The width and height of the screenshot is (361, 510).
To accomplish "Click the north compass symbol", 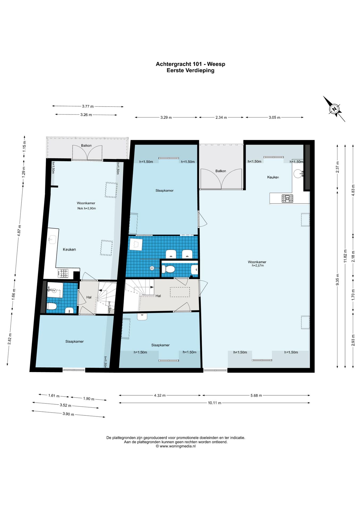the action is click(334, 109).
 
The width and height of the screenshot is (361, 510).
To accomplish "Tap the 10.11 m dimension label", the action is click(215, 403).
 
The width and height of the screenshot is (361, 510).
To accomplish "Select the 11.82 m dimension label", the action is click(345, 256).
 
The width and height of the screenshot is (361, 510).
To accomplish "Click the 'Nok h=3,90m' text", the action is click(87, 209).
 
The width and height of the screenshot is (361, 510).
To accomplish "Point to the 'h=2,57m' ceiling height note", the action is click(258, 266).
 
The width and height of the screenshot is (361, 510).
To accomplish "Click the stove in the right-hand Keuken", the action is click(287, 198).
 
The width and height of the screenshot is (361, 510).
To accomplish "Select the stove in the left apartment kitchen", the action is click(63, 273).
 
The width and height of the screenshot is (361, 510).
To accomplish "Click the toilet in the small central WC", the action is click(170, 269).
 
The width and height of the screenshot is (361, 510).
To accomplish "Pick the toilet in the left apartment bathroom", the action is click(52, 307).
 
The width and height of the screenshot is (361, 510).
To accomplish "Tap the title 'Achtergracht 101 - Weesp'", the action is click(190, 64).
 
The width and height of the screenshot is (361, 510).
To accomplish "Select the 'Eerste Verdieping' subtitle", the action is click(190, 70).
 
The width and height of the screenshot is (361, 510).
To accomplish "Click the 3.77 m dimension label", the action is click(88, 106).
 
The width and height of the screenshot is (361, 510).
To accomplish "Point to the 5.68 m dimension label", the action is click(256, 396).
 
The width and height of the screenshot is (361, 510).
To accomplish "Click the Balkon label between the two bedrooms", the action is click(221, 171).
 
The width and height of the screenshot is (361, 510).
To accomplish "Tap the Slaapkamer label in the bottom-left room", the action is click(74, 342).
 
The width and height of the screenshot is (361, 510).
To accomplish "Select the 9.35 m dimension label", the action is click(338, 280).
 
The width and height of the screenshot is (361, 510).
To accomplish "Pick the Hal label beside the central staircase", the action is click(158, 296).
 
